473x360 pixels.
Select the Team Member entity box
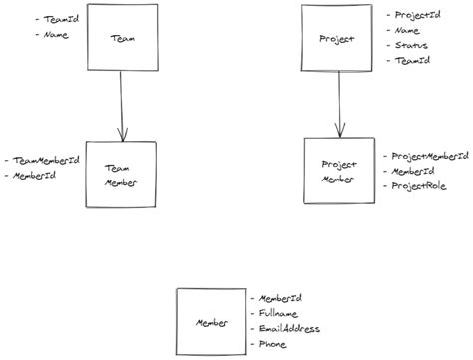[121, 175]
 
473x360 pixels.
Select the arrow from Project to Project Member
[339, 104]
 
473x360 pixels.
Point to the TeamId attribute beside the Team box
[56, 19]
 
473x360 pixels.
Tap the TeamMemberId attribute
[46, 160]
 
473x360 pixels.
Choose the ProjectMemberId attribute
[429, 156]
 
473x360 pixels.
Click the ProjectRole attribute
[419, 185]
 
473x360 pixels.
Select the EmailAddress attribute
[291, 328]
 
